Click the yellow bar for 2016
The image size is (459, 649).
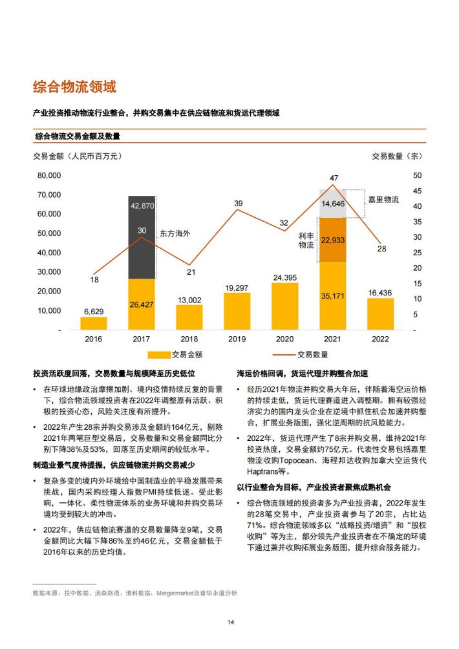pos(94,323)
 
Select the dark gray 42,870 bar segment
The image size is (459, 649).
pos(142,238)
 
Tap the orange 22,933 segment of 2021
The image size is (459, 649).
pos(333,240)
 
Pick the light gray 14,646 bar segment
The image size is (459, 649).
pos(333,204)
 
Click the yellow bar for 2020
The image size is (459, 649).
pos(284,306)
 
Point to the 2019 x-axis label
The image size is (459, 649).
pos(237,339)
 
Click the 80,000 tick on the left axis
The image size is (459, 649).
pos(49,175)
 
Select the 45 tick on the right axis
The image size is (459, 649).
pos(417,191)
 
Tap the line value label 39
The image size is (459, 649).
pos(239,203)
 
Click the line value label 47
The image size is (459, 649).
pos(334,178)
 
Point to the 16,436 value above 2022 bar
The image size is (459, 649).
pos(380,293)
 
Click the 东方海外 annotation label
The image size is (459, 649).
pos(175,233)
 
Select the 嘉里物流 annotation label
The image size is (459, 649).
pos(383,200)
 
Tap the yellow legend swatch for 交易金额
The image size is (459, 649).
pos(159,355)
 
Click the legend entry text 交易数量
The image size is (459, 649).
pos(312,355)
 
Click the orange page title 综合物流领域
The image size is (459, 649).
pos(74,87)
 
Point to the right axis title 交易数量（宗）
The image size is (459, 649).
pos(397,156)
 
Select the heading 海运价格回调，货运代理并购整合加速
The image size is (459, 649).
pos(302,374)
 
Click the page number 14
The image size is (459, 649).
pos(231,622)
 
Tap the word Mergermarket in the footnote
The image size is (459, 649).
pos(175,593)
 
